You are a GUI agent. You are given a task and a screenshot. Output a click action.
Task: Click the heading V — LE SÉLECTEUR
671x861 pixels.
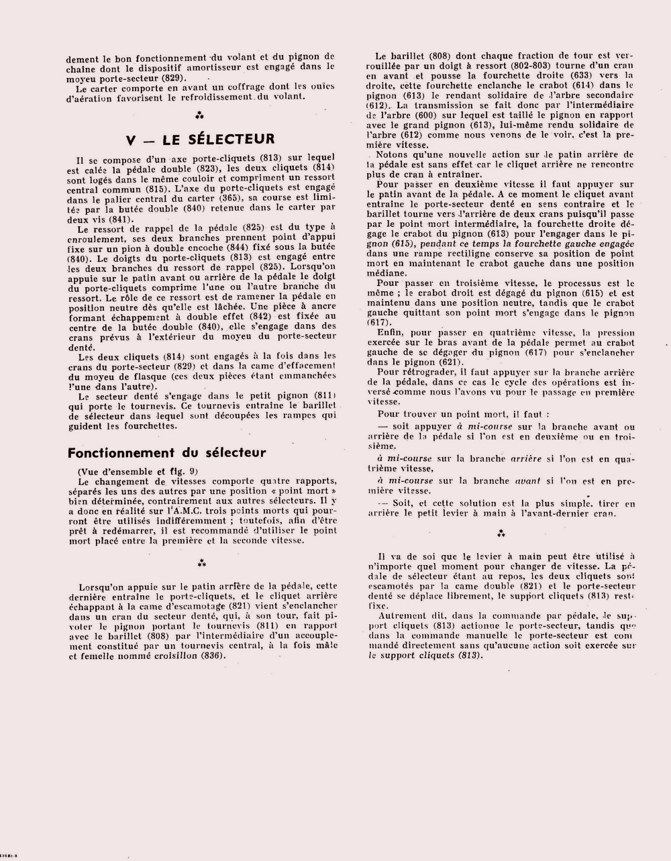tap(200, 139)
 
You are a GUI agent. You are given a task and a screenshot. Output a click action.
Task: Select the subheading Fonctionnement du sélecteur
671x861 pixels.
tap(166, 453)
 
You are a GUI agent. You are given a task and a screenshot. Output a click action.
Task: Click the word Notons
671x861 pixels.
tap(391, 155)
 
